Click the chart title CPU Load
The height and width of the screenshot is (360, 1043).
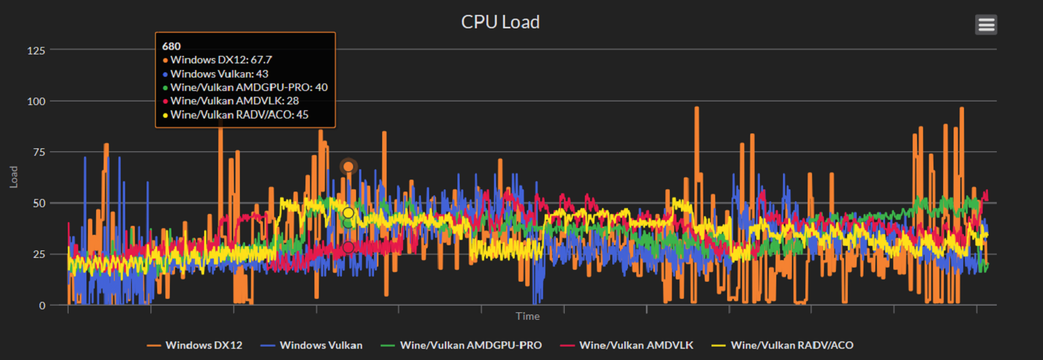pos(500,22)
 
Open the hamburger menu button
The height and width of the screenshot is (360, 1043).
pos(986,25)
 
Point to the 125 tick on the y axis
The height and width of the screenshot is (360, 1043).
pos(37,50)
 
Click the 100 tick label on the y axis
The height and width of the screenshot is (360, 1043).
pos(37,101)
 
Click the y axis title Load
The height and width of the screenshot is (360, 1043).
pos(14,177)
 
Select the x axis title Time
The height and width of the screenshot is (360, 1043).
pos(527,317)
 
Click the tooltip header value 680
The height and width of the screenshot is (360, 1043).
pos(171,45)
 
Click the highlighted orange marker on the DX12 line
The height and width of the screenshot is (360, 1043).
pos(348,166)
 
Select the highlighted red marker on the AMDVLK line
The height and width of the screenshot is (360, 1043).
pos(348,247)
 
